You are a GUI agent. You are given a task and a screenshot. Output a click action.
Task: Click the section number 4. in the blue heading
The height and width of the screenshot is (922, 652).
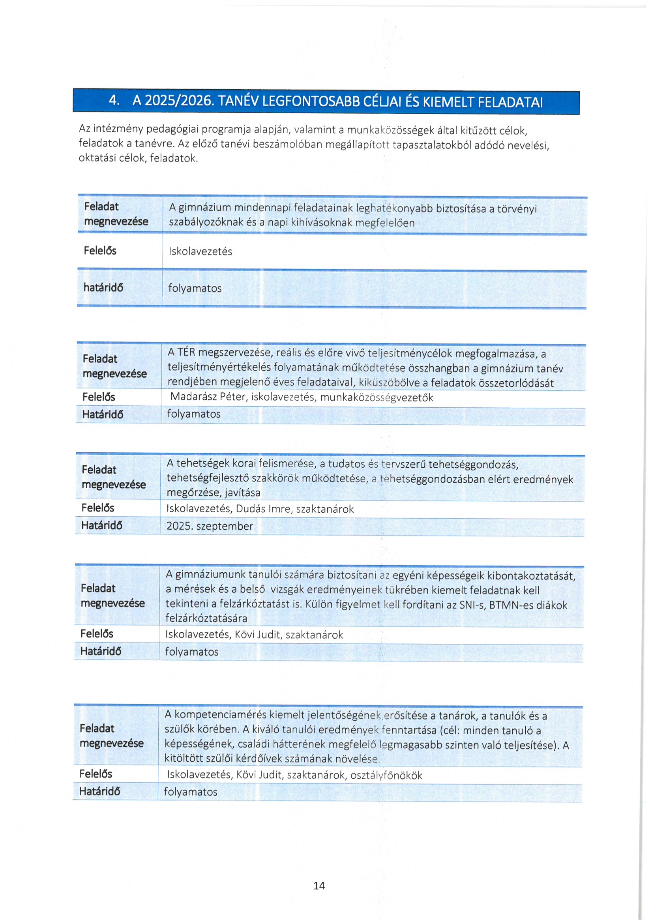pyautogui.click(x=114, y=100)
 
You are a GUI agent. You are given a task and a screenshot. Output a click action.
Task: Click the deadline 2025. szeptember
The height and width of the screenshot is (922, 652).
pyautogui.click(x=210, y=526)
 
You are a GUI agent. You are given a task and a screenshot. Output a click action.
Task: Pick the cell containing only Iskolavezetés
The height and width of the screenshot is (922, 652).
pyautogui.click(x=200, y=251)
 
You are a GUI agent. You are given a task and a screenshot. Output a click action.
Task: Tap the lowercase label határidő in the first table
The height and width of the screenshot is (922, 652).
pyautogui.click(x=103, y=287)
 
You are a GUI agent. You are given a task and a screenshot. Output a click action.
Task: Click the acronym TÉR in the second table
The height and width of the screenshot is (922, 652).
pyautogui.click(x=186, y=352)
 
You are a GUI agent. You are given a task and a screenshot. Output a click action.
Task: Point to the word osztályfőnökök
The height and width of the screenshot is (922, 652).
pyautogui.click(x=386, y=775)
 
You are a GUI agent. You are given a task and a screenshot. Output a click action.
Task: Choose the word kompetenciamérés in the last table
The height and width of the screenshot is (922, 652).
pyautogui.click(x=220, y=714)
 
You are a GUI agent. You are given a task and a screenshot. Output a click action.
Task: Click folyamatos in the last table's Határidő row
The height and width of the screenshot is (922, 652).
pyautogui.click(x=190, y=791)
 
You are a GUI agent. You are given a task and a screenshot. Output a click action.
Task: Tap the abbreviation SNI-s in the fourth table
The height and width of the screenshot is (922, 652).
pyautogui.click(x=472, y=605)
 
